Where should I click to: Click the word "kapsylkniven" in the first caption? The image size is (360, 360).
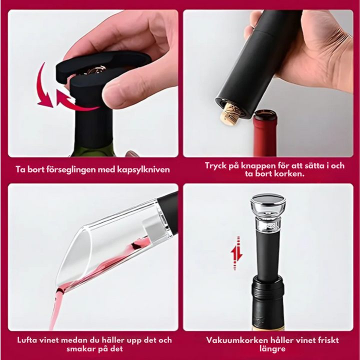[x=143, y=170]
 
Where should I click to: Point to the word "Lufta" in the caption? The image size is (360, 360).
[x=27, y=340]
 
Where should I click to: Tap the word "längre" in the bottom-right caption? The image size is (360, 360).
[x=272, y=349]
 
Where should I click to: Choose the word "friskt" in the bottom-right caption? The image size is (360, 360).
[x=327, y=340]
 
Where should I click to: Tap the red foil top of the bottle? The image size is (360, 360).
[x=265, y=133]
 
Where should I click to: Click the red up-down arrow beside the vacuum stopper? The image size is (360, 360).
[x=236, y=253]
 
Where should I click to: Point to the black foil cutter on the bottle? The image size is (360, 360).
[x=96, y=92]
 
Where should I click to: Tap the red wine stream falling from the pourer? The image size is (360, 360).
[x=55, y=307]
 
